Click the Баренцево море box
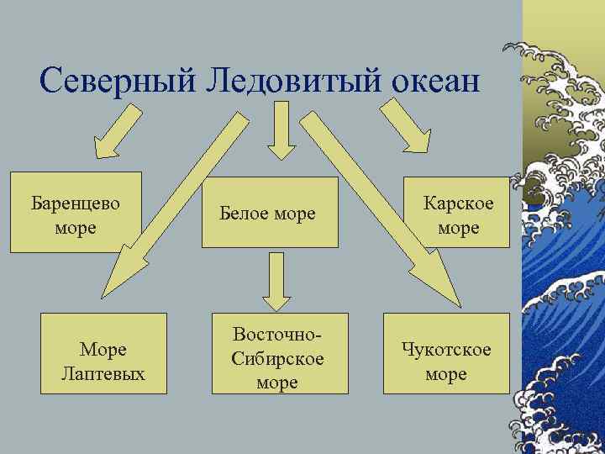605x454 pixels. tap(76, 213)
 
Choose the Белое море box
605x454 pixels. tap(270, 214)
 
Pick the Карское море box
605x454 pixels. tap(458, 214)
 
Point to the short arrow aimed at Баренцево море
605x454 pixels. tap(115, 135)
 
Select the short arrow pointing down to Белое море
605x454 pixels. tap(281, 134)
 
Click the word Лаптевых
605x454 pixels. tap(103, 372)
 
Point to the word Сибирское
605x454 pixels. tap(277, 360)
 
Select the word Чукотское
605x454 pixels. tap(446, 349)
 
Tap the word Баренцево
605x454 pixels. tap(76, 203)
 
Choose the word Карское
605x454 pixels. tap(458, 203)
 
